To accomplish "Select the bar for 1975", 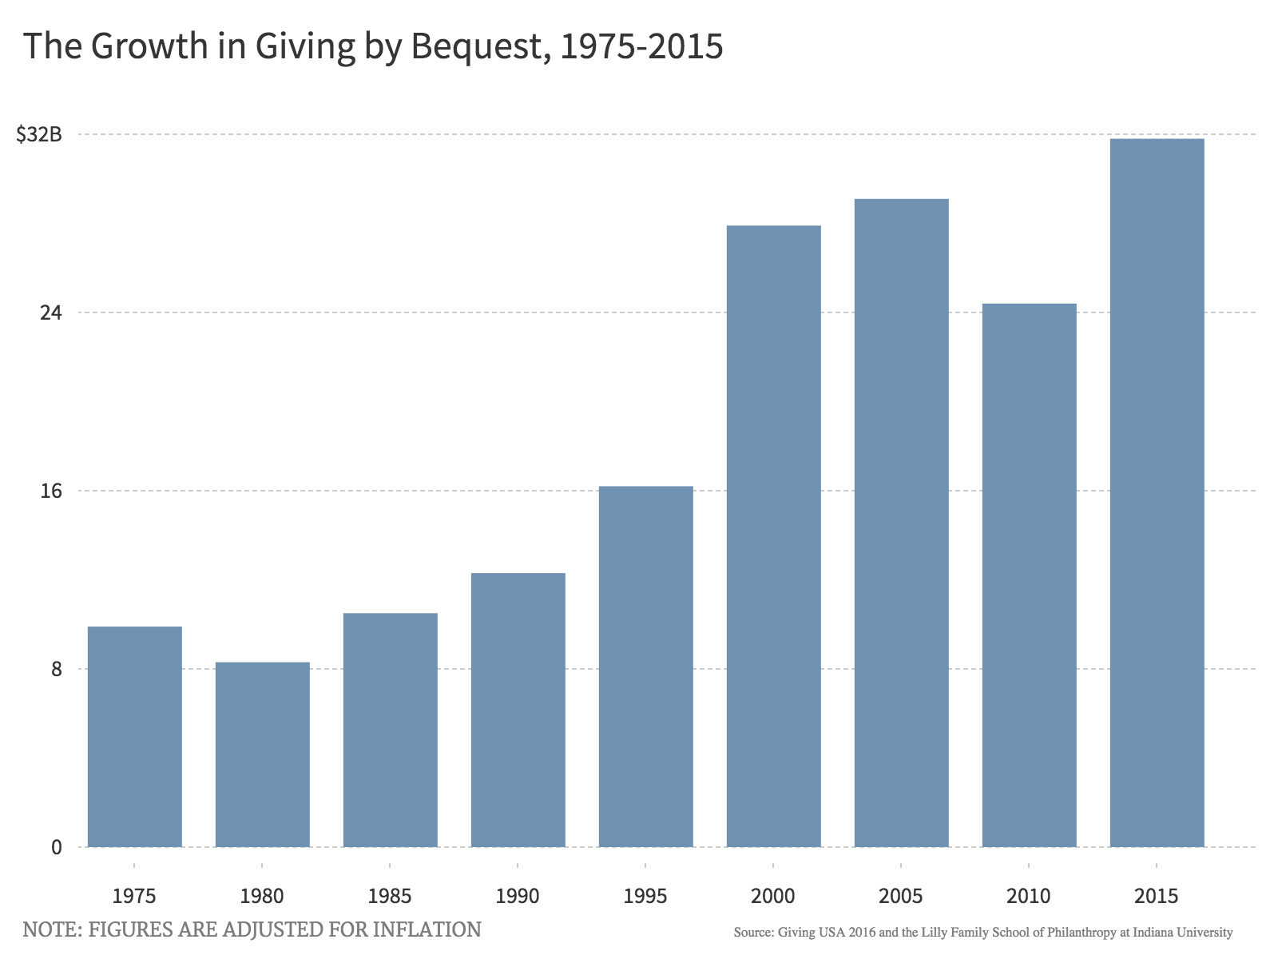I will point(134,736).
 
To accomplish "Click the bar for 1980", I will point(262,754).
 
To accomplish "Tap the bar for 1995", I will point(645,666).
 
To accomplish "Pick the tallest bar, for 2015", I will point(1157,492).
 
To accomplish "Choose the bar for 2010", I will point(1029,575).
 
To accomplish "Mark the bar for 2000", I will point(773,535).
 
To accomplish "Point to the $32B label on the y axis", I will point(39,134).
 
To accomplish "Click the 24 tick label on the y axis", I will point(50,312).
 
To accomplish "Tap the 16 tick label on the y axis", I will point(50,491).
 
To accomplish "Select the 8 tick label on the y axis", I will point(56,669).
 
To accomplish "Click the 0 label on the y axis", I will point(56,847).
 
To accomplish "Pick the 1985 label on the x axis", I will point(390,896).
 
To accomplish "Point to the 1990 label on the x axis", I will point(518,896).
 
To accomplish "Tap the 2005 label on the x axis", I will point(901,896).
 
